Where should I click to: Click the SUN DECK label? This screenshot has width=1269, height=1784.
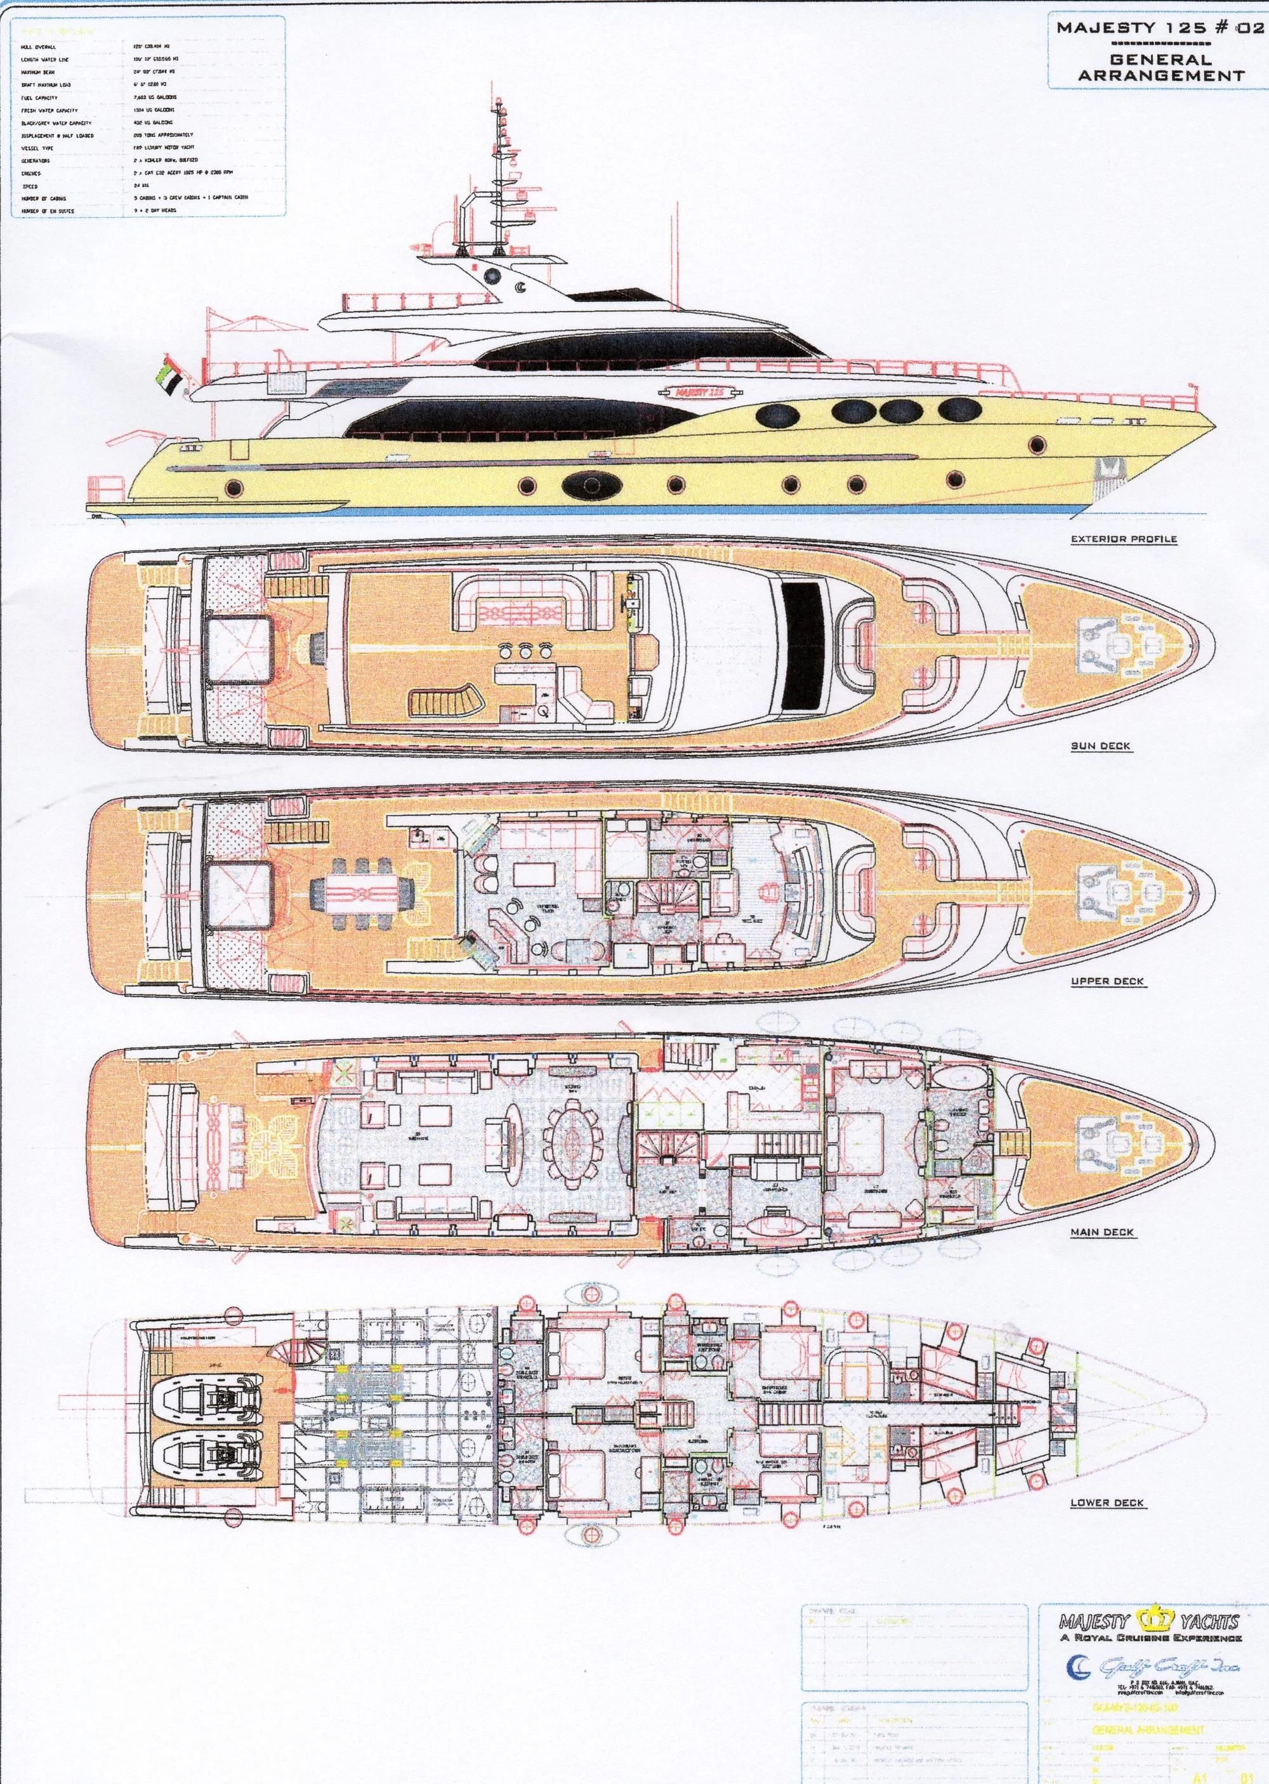click(1100, 746)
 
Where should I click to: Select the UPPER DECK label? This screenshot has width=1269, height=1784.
click(1107, 981)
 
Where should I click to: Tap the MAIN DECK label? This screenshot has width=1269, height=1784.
click(1101, 1232)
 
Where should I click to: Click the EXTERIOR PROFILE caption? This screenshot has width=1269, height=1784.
click(1124, 539)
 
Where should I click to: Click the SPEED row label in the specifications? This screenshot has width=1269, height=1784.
click(31, 186)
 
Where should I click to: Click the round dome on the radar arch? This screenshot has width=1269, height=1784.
click(493, 275)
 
